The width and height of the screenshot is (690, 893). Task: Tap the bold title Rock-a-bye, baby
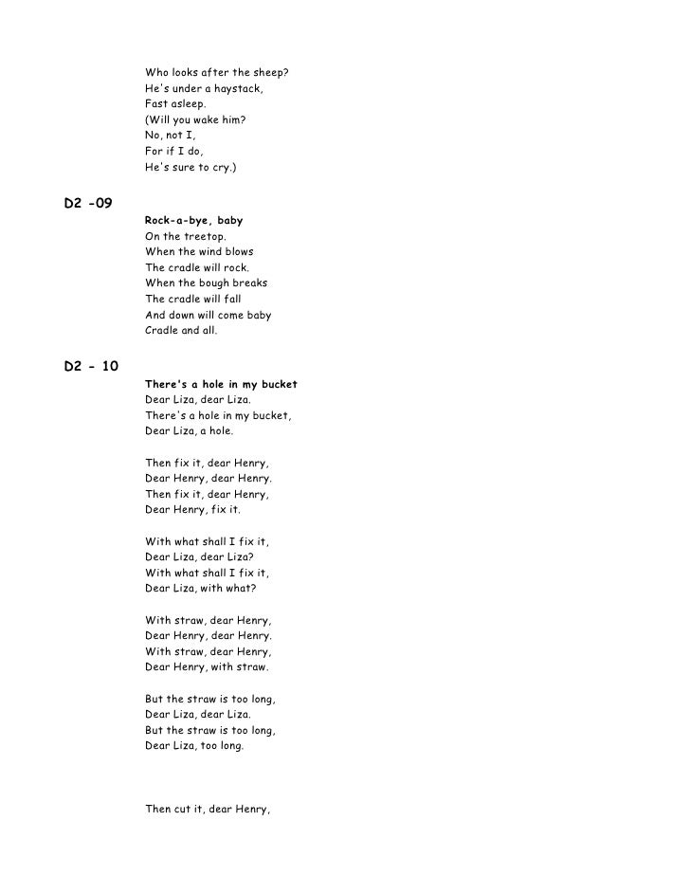coord(193,221)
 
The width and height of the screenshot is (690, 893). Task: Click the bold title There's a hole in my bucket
coord(221,385)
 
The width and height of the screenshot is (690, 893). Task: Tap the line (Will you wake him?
coord(200,120)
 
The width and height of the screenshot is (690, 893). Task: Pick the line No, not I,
coord(171,136)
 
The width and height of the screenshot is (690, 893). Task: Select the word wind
coord(203,252)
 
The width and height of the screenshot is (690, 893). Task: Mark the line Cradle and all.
coord(181,331)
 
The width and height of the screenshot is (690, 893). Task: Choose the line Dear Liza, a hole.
coord(189,431)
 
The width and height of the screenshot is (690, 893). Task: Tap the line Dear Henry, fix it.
coord(192,510)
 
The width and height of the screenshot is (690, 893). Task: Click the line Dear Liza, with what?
coord(200,589)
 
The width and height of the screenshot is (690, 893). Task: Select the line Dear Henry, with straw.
coord(207,667)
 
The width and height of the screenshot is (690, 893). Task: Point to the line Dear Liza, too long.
coord(194,746)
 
